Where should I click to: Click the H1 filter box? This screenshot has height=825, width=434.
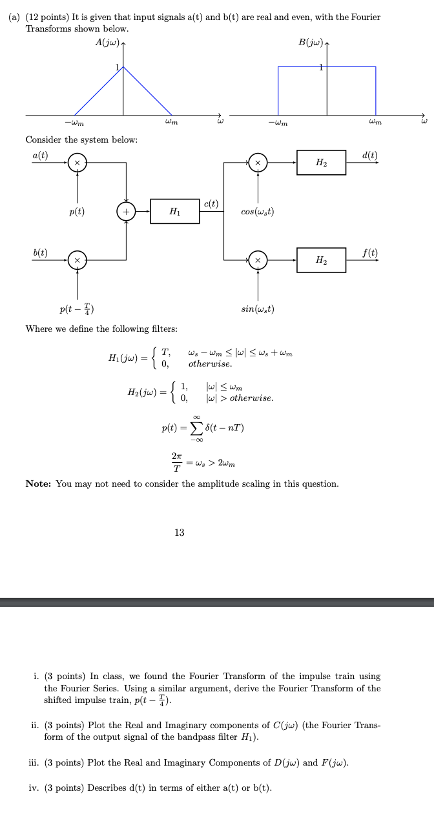[175, 212]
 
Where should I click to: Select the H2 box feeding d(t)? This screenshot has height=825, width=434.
[321, 163]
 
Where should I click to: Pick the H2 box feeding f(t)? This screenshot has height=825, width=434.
[321, 260]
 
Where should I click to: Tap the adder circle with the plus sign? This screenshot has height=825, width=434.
[125, 212]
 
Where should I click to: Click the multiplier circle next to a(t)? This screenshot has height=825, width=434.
[77, 163]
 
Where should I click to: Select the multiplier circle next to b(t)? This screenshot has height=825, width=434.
[77, 260]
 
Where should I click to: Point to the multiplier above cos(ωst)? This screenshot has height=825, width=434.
[258, 163]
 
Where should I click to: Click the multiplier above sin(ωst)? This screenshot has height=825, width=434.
[258, 260]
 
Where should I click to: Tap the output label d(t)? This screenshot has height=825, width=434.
[370, 155]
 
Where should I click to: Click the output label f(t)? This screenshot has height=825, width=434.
[370, 252]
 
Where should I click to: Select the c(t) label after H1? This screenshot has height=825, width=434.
[211, 205]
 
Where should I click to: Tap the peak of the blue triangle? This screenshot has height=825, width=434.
[125, 66]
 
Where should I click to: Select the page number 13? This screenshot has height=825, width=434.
[180, 533]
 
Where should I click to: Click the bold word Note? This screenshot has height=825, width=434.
[39, 484]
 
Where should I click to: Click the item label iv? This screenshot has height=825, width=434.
[37, 788]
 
